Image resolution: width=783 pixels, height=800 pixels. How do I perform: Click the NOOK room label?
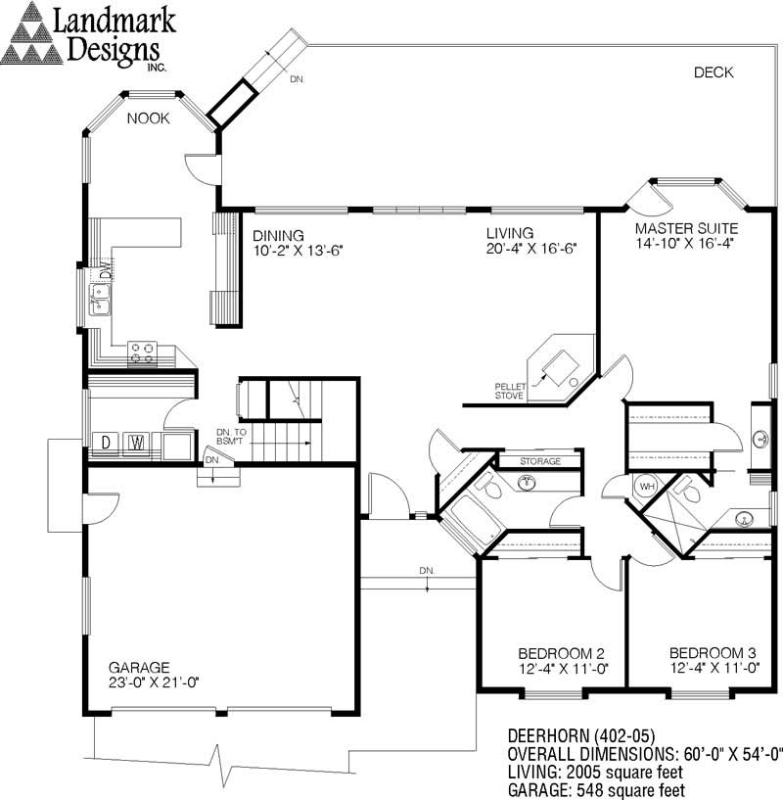(148, 118)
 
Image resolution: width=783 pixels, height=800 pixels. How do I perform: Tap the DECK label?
(714, 72)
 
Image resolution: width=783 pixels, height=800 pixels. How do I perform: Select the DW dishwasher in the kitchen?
(105, 269)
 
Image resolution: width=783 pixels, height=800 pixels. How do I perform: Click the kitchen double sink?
(100, 300)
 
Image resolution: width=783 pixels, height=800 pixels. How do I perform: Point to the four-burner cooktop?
(142, 353)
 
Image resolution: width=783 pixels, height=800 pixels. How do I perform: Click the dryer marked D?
(106, 443)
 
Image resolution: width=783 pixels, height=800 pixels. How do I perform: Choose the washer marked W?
(137, 443)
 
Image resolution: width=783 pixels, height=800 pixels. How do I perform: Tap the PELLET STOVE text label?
(509, 392)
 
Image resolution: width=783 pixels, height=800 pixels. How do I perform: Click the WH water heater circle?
(647, 487)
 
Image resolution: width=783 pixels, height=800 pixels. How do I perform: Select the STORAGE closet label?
(540, 461)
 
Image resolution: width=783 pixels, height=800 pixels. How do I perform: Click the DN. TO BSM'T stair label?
(231, 437)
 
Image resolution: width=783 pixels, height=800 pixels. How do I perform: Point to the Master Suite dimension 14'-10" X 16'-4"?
(684, 243)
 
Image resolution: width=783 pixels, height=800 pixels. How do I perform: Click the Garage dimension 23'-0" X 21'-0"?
(154, 682)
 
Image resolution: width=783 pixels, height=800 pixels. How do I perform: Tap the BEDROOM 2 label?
(561, 653)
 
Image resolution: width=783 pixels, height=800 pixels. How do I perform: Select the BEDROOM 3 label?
(713, 653)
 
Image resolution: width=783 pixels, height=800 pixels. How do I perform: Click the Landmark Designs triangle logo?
(31, 33)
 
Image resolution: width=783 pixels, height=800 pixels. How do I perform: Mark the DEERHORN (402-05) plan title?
(581, 736)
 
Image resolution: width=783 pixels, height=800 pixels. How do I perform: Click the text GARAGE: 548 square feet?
(596, 790)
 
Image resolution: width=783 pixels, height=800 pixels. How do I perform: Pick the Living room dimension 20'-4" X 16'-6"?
(531, 249)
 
